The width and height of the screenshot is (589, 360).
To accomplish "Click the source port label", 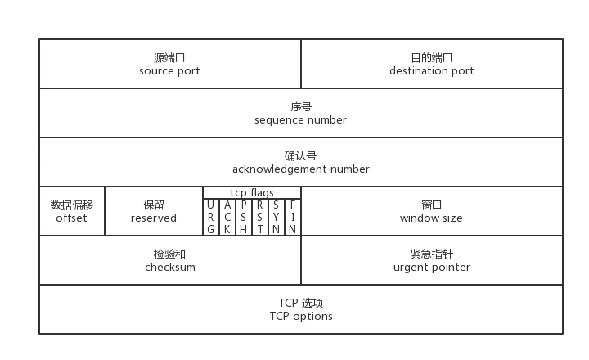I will pos(170,71).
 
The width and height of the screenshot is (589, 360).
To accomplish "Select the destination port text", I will pos(431,71).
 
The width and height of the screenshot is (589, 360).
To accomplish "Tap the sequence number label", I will pos(300,120).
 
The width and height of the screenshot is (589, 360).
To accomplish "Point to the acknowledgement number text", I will pos(300,169).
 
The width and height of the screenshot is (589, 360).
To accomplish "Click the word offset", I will pos(71,218).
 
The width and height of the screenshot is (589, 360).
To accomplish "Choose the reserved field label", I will pos(154,218).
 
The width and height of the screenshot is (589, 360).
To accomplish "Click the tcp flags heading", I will pos(252,193).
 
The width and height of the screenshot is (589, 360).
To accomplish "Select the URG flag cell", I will pos(211,217).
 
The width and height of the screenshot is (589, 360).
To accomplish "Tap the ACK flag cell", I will pos(227,217).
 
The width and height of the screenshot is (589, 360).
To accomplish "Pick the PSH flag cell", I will pos(244,217).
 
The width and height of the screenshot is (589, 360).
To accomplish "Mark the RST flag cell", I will pos(260,217).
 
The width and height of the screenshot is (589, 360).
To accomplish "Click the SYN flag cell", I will pos(277,217).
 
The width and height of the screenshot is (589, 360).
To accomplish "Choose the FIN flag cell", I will pos(293,217).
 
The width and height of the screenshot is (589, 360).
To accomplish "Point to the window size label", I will pos(431,218).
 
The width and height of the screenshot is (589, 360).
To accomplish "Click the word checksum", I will pos(170,268).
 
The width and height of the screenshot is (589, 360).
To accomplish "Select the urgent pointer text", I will pos(431,268).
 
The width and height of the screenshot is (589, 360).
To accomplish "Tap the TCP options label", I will pos(300,317).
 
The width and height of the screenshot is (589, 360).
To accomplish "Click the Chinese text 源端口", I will pos(170,58).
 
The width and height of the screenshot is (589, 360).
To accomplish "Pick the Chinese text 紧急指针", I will pos(431,254).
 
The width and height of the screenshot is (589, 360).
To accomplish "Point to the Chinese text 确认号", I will pos(300,156).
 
